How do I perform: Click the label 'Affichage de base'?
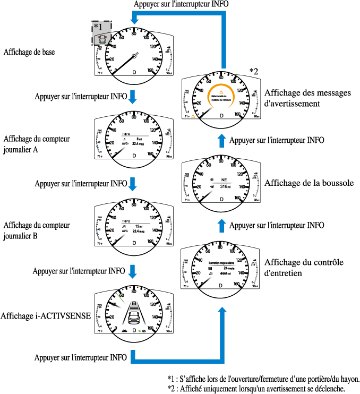click(29, 52)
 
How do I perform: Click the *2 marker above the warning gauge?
click(254, 71)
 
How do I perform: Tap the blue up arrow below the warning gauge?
click(222, 140)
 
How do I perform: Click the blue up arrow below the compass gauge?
click(222, 225)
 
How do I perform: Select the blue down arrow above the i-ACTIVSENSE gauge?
click(134, 271)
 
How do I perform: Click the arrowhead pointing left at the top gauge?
click(134, 19)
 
